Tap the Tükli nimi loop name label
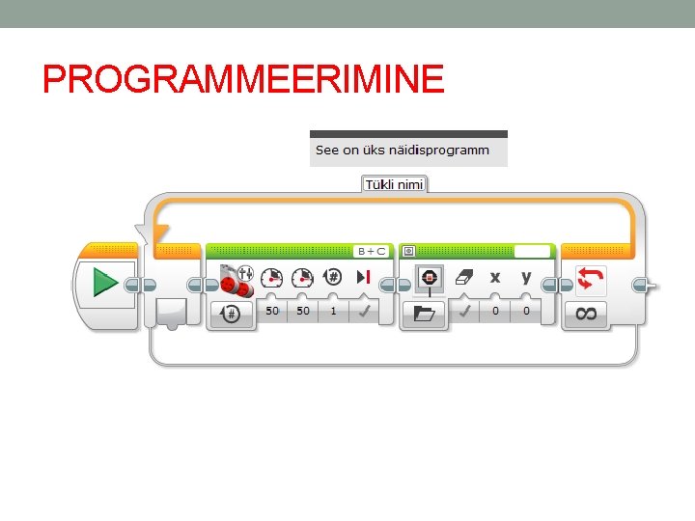[x=394, y=183]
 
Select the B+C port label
[x=372, y=251]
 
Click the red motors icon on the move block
[x=236, y=281]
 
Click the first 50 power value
[x=273, y=311]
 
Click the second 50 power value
[x=303, y=311]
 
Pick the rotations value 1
[x=333, y=311]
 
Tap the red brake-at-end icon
[x=364, y=279]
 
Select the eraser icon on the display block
[x=464, y=278]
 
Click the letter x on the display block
[x=495, y=278]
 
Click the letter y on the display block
[x=526, y=278]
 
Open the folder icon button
[x=424, y=313]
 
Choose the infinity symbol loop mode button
[x=586, y=313]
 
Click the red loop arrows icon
[x=588, y=279]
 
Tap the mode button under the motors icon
[x=232, y=313]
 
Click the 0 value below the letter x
[x=495, y=311]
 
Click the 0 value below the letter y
[x=526, y=311]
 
